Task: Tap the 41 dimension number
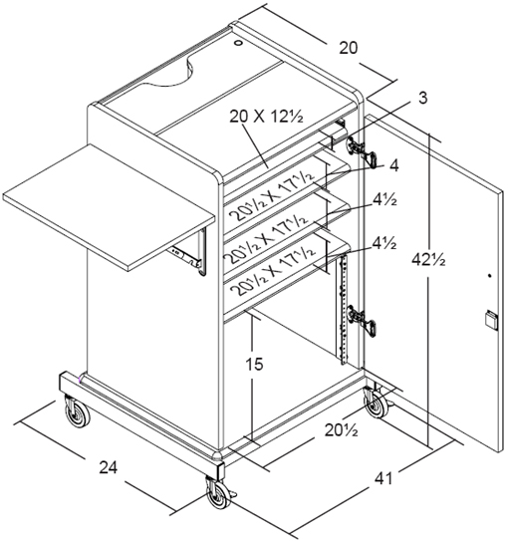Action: [383, 478]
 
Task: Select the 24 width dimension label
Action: [109, 468]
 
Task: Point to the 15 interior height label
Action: [254, 364]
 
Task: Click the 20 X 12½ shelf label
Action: [266, 117]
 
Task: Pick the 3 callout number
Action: [422, 98]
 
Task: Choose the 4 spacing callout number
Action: [393, 165]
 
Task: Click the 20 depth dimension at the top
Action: [349, 48]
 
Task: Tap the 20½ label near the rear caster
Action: [341, 430]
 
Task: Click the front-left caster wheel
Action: [78, 412]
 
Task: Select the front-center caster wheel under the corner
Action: [219, 493]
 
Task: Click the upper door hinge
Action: [362, 150]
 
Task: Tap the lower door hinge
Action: [362, 320]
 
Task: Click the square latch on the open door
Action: [491, 320]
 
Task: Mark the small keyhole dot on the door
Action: [489, 276]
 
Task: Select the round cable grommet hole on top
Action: [238, 43]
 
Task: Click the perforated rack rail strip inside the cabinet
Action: [343, 309]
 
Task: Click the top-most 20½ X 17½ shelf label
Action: [272, 196]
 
